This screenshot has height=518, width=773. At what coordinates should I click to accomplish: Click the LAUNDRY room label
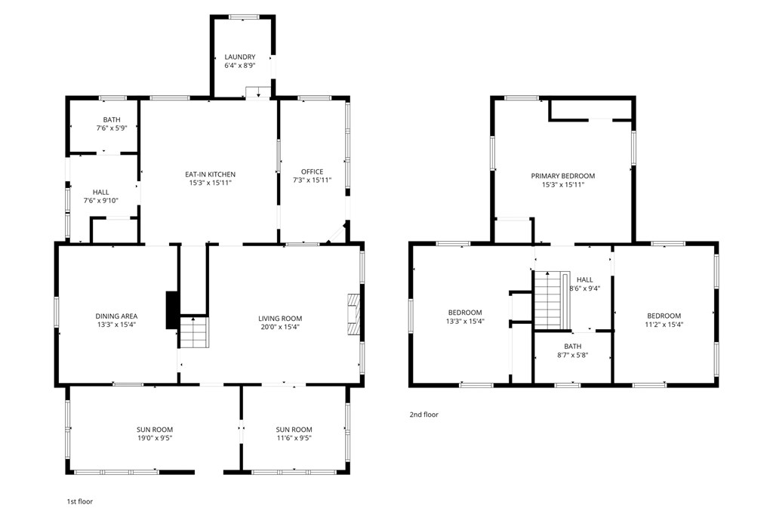[240, 57]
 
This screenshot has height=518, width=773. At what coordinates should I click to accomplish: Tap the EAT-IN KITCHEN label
[210, 174]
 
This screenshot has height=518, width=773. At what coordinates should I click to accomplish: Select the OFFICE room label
[312, 171]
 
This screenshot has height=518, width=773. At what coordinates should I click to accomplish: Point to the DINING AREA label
[116, 316]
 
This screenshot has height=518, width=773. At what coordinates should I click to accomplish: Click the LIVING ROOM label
[280, 319]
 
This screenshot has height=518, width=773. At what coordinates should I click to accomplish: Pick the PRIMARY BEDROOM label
[563, 176]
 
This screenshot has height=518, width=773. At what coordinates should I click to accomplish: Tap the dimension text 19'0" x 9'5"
[155, 438]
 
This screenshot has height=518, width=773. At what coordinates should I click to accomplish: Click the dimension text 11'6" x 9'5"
[294, 438]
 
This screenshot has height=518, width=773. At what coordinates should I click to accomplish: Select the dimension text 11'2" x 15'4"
[664, 325]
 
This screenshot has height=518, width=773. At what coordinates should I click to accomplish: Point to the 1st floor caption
[80, 501]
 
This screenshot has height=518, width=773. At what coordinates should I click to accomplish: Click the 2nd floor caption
[424, 415]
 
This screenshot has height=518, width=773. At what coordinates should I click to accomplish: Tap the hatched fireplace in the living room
[353, 316]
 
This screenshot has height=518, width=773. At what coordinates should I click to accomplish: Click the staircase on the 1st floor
[194, 332]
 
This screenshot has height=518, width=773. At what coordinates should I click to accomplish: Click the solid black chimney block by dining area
[172, 310]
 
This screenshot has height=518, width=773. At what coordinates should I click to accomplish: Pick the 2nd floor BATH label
[573, 347]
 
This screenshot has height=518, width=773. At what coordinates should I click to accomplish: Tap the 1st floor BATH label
[112, 120]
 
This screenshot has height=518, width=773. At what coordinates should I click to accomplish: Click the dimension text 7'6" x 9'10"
[101, 201]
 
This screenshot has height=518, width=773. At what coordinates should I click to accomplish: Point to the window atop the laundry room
[244, 17]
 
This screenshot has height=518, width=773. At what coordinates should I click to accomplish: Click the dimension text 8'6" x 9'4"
[585, 288]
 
